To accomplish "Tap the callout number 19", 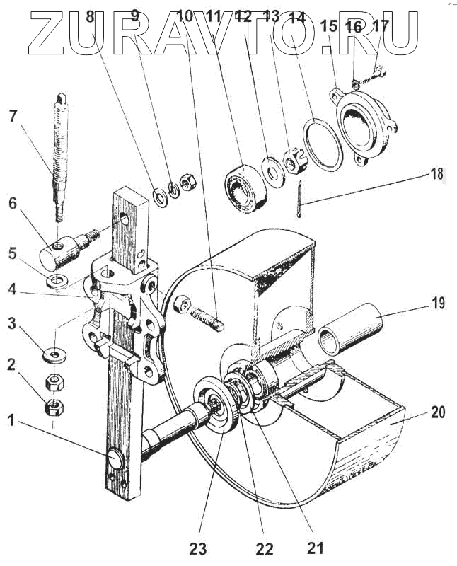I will (x=438, y=304).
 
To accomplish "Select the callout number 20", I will (x=438, y=412).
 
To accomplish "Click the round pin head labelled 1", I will (x=116, y=460).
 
